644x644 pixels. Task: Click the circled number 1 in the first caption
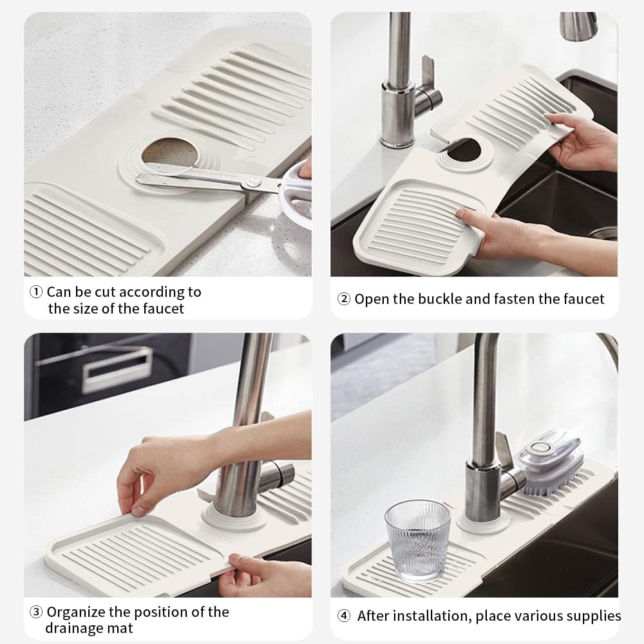pos(36,292)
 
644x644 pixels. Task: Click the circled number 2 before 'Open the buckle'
pos(344,299)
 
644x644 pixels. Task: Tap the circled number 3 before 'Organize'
pos(36,612)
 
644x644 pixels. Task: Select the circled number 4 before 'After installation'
pos(344,616)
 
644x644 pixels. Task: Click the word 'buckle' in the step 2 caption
pos(440,299)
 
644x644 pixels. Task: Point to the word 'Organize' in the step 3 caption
pos(77,612)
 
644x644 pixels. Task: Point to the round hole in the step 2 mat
pos(466,151)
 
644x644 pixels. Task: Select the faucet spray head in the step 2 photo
pos(578,26)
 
